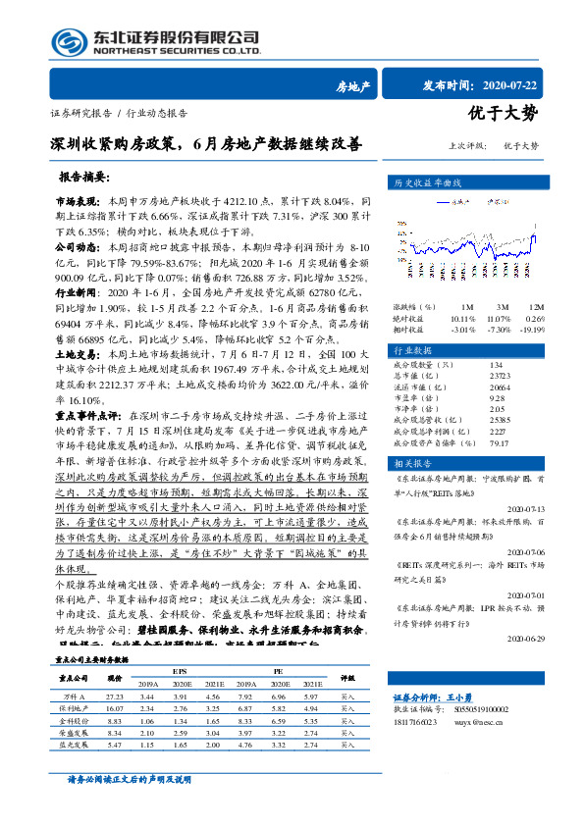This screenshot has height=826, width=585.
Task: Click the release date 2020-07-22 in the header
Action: pos(525,86)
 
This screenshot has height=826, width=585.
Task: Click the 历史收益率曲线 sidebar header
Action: pos(456,182)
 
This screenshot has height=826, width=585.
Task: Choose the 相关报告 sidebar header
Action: pos(441,462)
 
